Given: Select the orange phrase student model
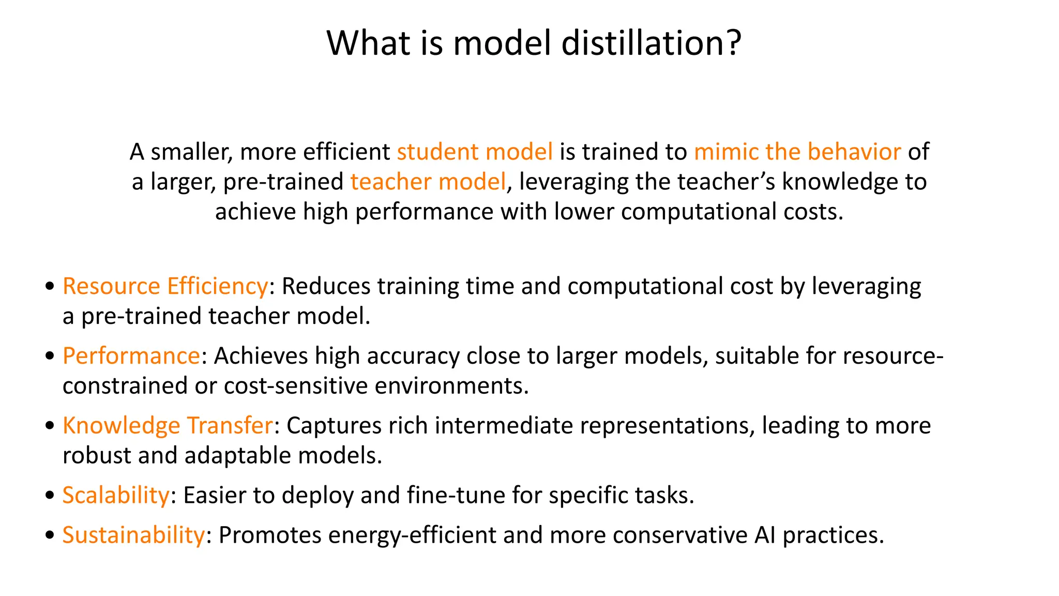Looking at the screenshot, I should pos(475,152).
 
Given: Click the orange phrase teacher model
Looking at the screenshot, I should pos(428,182).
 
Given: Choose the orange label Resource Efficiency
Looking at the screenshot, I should pos(165,286).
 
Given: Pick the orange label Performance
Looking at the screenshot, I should pos(131,356).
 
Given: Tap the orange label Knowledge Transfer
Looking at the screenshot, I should pos(168,425).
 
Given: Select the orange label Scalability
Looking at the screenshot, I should pos(116,495).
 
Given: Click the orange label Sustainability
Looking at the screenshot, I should pos(133,535).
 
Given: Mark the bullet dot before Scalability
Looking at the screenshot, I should pos(50,495).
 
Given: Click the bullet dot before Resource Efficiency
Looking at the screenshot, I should pos(50,286).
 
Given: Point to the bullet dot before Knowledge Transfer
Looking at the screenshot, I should pos(50,425).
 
